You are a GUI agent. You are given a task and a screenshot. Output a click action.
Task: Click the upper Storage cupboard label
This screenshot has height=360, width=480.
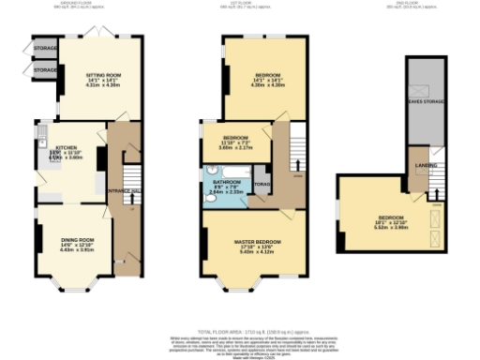click(45, 47)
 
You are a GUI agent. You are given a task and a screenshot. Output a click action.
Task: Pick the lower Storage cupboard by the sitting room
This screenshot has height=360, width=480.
click(45, 70)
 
